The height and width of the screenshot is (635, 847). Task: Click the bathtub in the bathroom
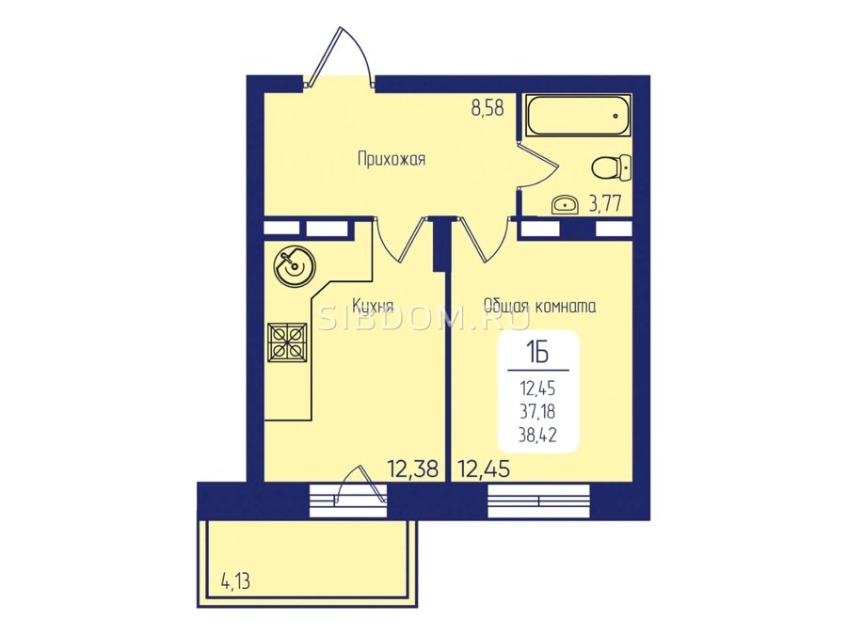(578, 115)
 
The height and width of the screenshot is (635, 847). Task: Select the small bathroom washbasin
(565, 205)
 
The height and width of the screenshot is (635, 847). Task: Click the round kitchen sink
(294, 264)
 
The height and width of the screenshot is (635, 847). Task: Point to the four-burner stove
(287, 342)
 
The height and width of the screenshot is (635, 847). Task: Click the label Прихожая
(392, 159)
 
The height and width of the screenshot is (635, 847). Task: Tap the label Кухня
(372, 306)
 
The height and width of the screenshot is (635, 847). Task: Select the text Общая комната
(539, 306)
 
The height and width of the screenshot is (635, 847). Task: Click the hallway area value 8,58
(487, 108)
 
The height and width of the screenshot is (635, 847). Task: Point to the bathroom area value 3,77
(604, 204)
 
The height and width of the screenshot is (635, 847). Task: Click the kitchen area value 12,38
(413, 469)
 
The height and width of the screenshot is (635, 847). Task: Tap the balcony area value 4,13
(235, 582)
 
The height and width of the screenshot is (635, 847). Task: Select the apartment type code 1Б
(537, 354)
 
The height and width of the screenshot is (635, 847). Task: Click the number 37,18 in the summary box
(537, 411)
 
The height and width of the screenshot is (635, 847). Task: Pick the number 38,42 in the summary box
(537, 435)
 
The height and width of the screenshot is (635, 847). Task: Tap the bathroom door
(535, 165)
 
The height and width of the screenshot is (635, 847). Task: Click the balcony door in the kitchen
(360, 483)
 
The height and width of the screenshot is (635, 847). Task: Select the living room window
(538, 500)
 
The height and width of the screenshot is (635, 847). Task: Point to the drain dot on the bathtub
(615, 115)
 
